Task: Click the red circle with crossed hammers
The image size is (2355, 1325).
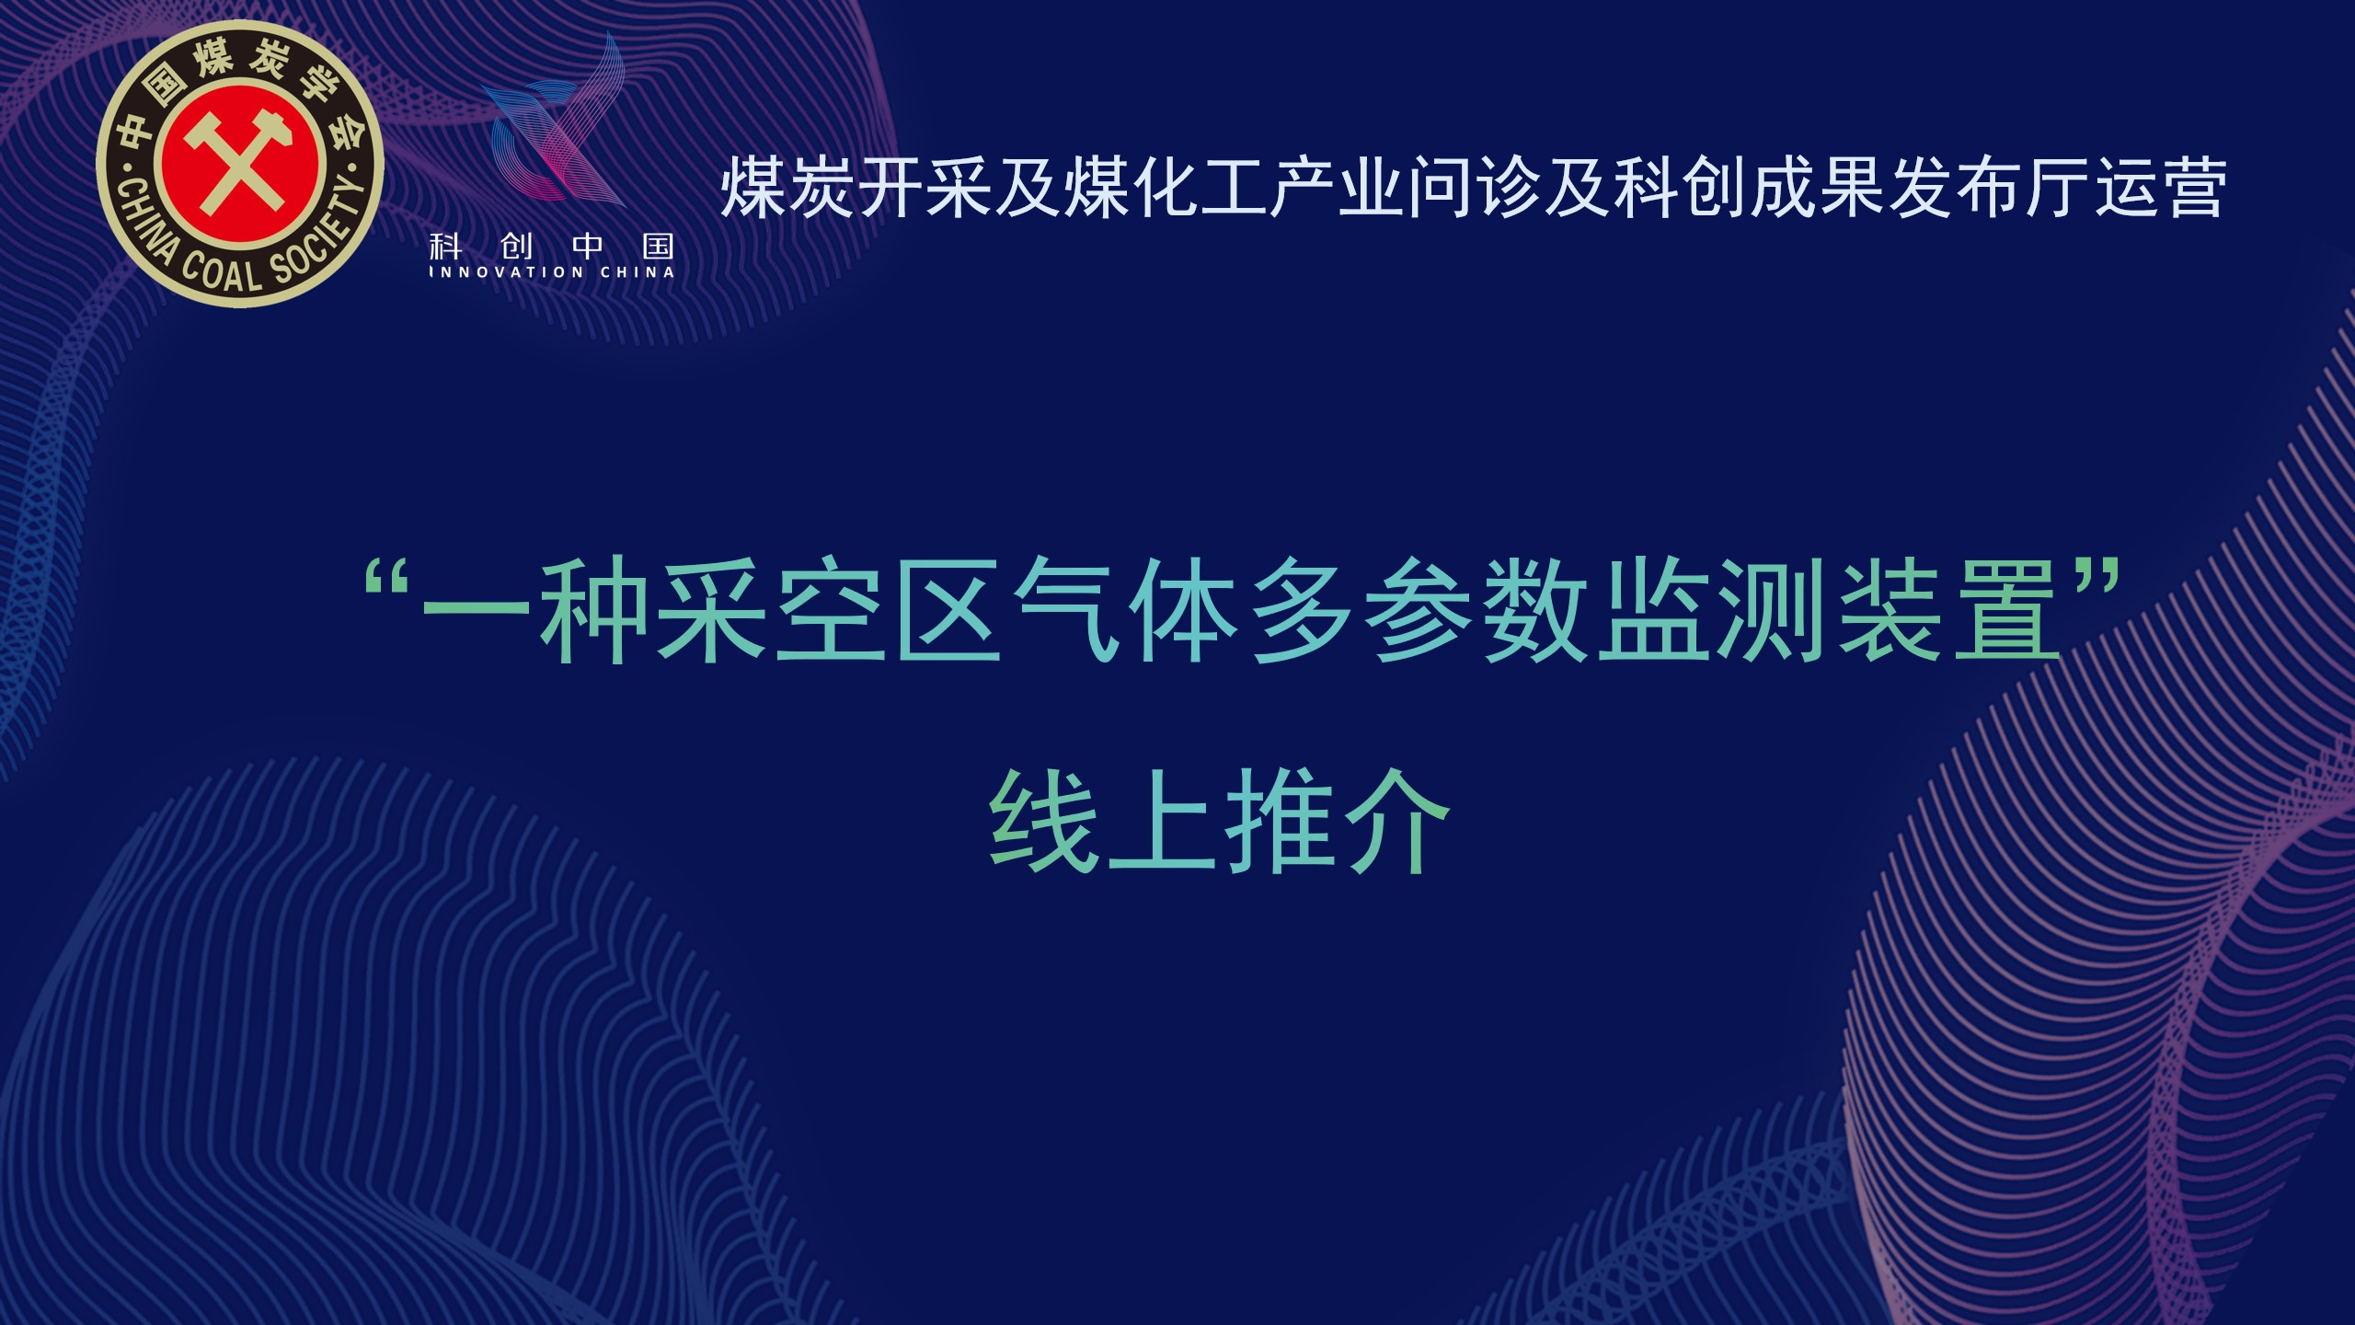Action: [241, 166]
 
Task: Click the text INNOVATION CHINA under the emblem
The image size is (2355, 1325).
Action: [552, 272]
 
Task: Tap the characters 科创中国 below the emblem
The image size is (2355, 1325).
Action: [552, 246]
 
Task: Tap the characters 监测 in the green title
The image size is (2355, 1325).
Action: [1717, 609]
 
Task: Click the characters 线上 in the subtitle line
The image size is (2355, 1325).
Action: [1103, 821]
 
